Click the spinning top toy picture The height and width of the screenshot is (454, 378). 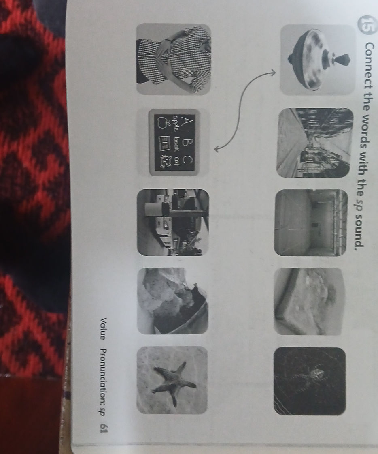[x=318, y=59]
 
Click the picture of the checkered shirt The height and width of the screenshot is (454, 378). [x=174, y=59]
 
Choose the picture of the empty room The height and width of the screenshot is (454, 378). [x=311, y=223]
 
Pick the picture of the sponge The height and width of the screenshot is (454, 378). [x=309, y=301]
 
